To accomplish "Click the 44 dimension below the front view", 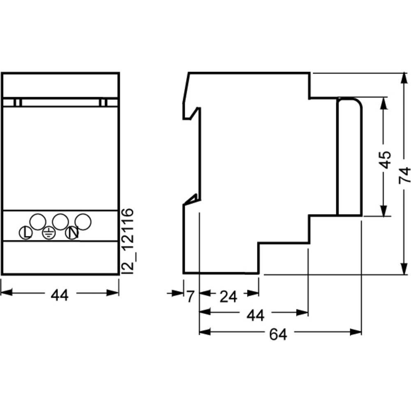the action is pos(60,295).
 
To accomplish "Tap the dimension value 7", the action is pos(190,296).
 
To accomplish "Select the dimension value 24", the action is pos(228,297).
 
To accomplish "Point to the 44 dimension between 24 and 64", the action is pos(255,315).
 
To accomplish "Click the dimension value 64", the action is pos(278,335).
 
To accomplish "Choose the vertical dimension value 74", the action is pos(404,175).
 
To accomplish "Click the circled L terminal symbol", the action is pos(25,233).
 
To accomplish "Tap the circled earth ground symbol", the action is pos(49,233).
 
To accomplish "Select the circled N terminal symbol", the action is pos(72,233).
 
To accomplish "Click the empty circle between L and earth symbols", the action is pos(38,222).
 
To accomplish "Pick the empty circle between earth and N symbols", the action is pos(60,222).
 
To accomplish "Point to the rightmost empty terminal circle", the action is pos(83,222).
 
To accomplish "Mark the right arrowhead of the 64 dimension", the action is pos(356,332).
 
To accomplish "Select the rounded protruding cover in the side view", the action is pos(349,157).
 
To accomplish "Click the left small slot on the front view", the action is pos(18,102).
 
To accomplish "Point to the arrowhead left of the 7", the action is pos(178,293).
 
